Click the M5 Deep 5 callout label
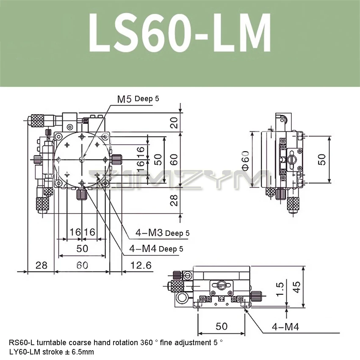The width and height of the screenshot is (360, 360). coord(138,99)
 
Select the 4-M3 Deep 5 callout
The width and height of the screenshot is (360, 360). coord(162,233)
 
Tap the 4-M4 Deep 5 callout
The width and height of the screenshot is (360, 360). coord(156,249)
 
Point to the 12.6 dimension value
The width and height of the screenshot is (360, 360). coord(141,266)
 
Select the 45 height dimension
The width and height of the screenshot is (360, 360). coord(296,287)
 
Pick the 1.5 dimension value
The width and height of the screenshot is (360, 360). coord(280,289)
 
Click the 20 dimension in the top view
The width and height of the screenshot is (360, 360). coord(174,122)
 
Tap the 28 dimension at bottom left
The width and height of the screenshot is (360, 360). coord(42,266)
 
